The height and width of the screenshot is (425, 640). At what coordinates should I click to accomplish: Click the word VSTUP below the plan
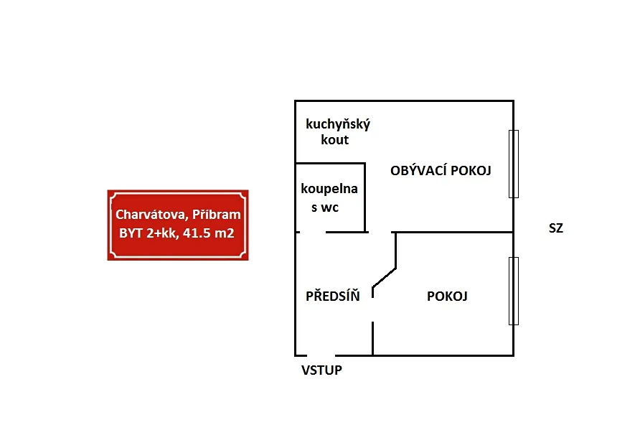coord(321,370)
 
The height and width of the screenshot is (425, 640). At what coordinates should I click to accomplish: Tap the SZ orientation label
coord(556,228)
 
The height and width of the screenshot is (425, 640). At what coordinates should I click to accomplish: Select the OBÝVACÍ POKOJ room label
coord(441,170)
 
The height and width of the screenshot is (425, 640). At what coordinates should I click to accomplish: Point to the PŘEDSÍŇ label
coord(333,296)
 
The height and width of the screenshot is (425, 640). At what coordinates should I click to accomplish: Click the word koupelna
coord(329,189)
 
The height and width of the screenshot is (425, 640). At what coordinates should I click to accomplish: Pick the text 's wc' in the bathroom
coord(325,207)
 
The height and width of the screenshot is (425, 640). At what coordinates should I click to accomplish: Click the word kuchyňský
coord(338,124)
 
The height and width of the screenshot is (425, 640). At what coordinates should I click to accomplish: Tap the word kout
coord(334,139)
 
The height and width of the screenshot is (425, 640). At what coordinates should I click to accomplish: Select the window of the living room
coord(514,164)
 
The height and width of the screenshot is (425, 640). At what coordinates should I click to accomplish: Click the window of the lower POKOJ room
coord(514,291)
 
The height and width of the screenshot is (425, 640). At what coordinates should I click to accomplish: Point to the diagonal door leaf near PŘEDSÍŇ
coord(384,278)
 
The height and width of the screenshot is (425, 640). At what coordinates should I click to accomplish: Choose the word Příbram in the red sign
coord(217,215)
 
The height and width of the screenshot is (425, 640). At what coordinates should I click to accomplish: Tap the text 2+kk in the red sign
coord(162,233)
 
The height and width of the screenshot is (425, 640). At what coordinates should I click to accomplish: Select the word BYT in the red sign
coord(131,233)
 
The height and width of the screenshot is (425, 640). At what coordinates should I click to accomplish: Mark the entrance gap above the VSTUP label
coord(321,355)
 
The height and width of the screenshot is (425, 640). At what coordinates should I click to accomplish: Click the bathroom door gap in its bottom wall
coord(313,233)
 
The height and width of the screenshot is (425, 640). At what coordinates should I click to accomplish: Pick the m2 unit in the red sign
coord(225,233)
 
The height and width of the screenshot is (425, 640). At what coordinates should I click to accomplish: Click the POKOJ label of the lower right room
coord(447,296)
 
